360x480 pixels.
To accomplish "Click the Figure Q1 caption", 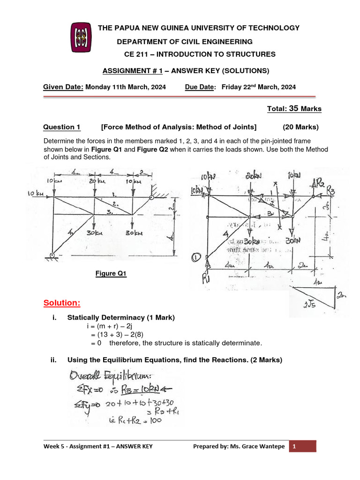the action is (111, 274).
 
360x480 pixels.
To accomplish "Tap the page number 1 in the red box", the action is (294, 446).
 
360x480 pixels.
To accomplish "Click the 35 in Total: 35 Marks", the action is (293, 109).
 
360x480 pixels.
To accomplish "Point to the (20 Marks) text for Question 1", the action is (300, 127).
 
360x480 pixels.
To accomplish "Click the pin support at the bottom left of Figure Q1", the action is (52, 255).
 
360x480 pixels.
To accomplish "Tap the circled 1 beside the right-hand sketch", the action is (196, 257).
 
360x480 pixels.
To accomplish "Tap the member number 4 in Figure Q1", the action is (70, 232).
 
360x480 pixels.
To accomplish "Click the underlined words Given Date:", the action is (63, 87).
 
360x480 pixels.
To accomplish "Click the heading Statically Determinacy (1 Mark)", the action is (121, 318).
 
